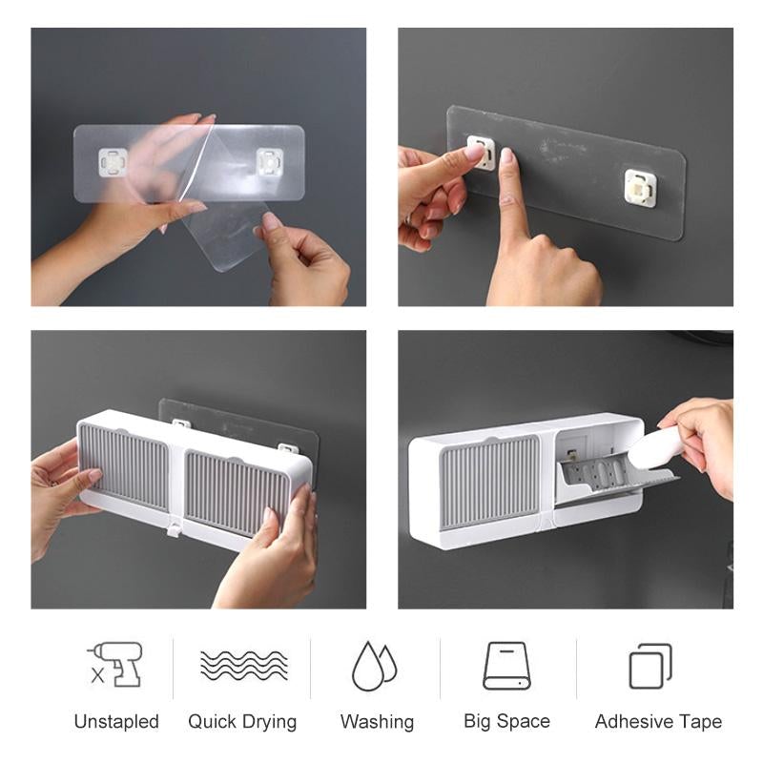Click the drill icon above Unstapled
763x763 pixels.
[x=115, y=664]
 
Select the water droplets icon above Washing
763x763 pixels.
[x=375, y=665]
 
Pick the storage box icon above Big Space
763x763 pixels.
[x=506, y=665]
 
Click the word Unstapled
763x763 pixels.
[x=116, y=722]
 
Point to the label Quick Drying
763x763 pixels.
[x=242, y=722]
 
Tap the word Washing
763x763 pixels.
[x=377, y=722]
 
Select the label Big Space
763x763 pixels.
[x=506, y=722]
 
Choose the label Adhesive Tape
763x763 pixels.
[x=658, y=722]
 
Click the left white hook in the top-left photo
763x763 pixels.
[x=113, y=163]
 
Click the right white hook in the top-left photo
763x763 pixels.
[x=270, y=163]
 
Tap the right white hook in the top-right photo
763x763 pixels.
[x=640, y=188]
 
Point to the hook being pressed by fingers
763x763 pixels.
[x=482, y=153]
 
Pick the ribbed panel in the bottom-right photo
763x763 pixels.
[x=488, y=481]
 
